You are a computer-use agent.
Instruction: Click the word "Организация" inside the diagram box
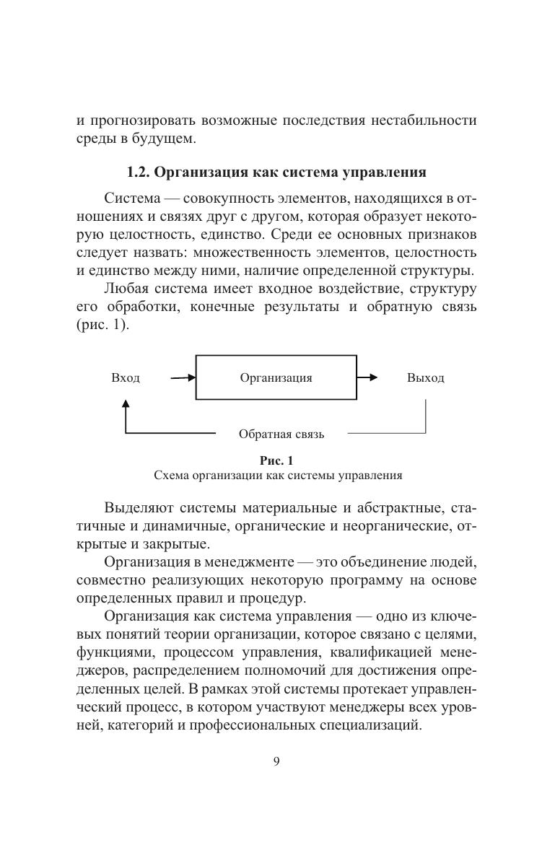tap(276, 377)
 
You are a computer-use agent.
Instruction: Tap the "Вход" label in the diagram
tap(126, 378)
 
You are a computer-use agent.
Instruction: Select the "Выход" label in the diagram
tap(425, 378)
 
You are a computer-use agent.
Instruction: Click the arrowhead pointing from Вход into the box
tap(191, 377)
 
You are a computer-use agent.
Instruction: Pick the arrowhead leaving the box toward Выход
tap(372, 377)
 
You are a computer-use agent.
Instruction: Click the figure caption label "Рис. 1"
tap(277, 460)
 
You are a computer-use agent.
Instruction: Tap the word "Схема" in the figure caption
tap(170, 476)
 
